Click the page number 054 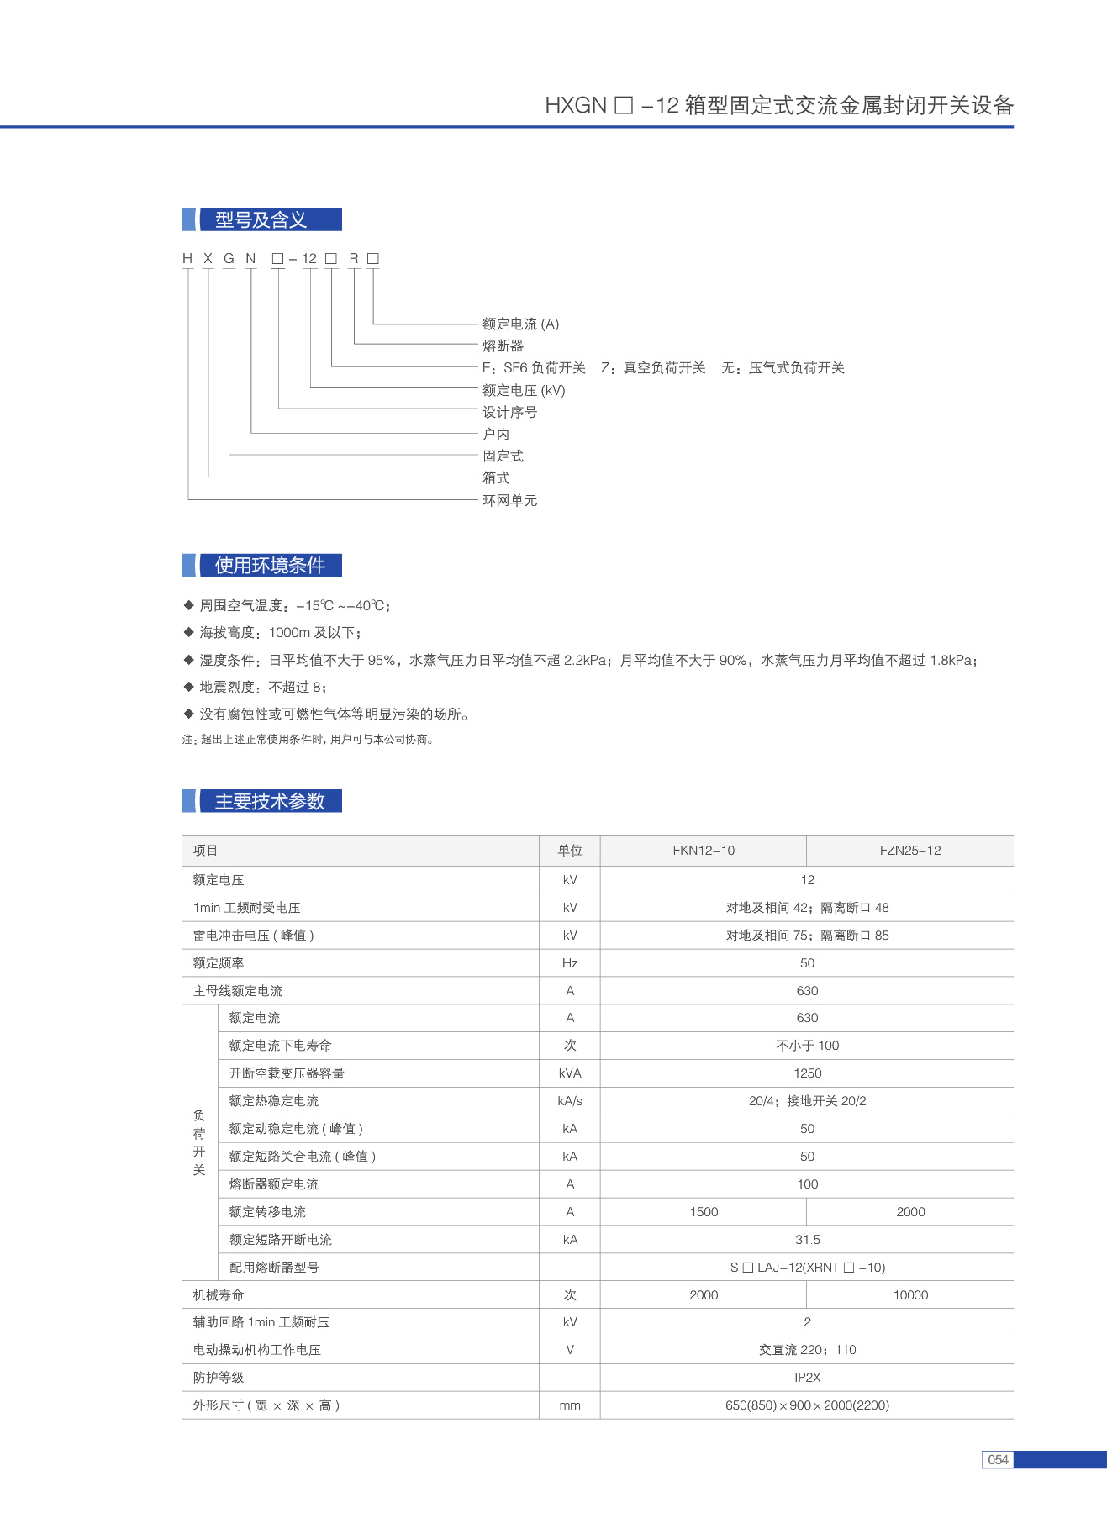point(998,1459)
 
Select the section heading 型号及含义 point(261,220)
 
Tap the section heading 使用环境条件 point(269,566)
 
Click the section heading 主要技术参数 point(269,801)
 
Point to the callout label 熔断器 point(503,345)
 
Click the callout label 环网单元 point(509,500)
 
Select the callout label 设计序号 point(509,412)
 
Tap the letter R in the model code point(354,258)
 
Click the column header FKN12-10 point(704,851)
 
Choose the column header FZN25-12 point(910,851)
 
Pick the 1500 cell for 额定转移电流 point(704,1211)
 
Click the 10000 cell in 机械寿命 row point(910,1294)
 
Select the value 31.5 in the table point(807,1239)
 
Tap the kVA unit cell point(570,1073)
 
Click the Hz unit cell point(570,963)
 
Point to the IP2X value point(807,1377)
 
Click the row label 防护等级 point(219,1377)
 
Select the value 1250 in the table point(807,1073)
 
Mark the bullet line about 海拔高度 point(281,633)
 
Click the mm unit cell point(570,1405)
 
